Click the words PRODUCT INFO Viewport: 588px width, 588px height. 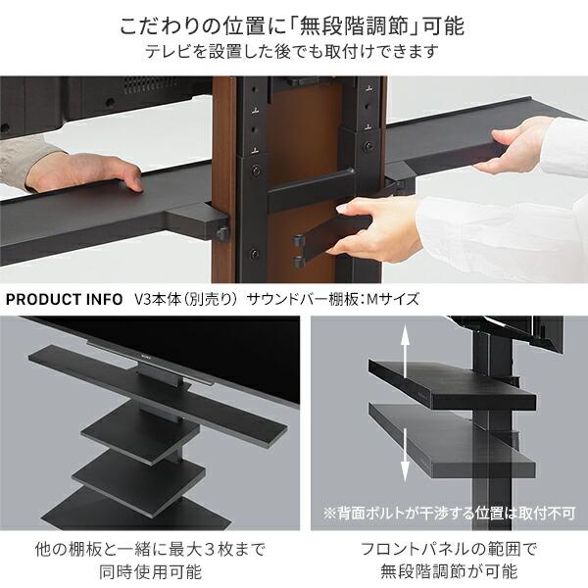(64, 299)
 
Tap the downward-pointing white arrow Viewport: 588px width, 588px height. (405, 455)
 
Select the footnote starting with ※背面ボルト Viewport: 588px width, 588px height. (449, 513)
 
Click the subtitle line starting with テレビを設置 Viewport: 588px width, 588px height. (292, 51)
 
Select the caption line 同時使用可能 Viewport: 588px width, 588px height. (150, 572)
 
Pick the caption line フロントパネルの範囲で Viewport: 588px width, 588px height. (449, 550)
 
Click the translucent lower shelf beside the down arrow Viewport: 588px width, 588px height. (452, 442)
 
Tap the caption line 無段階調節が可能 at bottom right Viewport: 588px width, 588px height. (449, 572)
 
